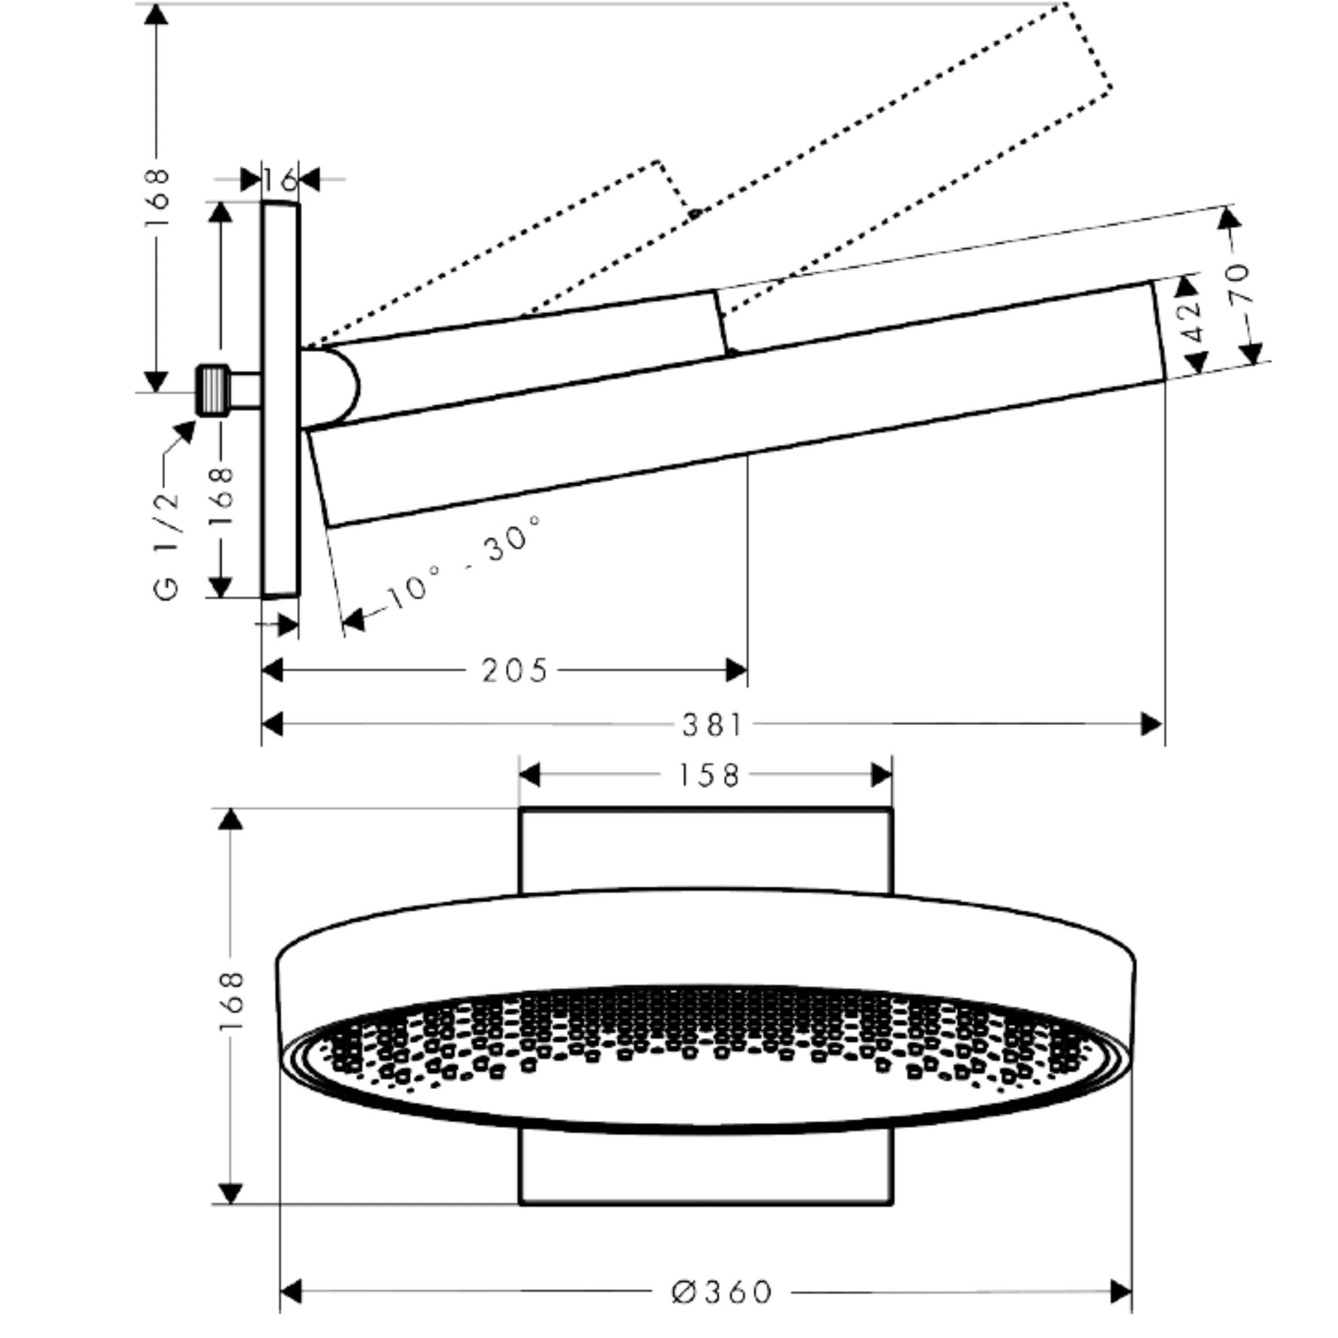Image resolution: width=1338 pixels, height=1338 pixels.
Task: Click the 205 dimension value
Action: (514, 671)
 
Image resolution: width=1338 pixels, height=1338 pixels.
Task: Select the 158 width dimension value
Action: (708, 775)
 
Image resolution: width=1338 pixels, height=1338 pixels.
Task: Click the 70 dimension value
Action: (1240, 283)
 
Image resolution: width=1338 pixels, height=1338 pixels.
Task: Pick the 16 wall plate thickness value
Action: (280, 181)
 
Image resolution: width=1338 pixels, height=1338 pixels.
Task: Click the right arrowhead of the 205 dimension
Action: (736, 671)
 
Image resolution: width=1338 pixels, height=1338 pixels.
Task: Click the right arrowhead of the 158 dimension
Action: (881, 775)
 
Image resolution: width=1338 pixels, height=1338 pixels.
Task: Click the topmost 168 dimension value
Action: (159, 198)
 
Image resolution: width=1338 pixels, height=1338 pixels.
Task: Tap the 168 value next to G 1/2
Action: (221, 497)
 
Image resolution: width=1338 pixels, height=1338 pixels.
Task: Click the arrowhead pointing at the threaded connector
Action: (185, 431)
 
